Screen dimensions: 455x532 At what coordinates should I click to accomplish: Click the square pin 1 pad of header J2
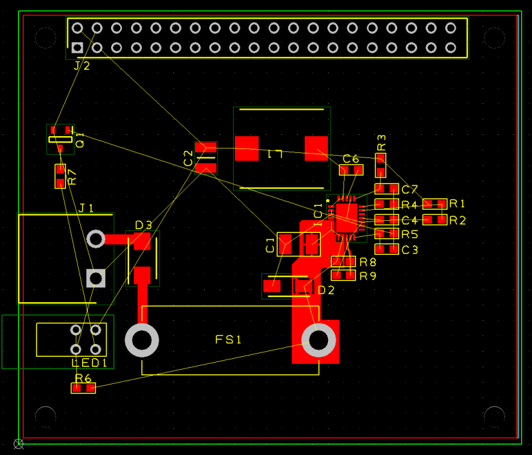tap(78, 47)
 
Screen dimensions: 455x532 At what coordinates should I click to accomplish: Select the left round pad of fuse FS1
tap(142, 340)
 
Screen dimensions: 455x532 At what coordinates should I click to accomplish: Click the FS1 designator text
tap(228, 340)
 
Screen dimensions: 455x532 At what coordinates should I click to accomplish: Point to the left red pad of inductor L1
tap(246, 148)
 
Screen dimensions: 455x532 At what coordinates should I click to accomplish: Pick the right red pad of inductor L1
tap(316, 148)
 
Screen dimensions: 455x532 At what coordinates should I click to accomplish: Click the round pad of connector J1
tap(96, 239)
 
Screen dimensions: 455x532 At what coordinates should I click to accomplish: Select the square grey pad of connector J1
tap(96, 278)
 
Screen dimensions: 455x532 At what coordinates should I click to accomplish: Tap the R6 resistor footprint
tap(83, 388)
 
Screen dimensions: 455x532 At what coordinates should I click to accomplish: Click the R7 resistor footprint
tap(60, 176)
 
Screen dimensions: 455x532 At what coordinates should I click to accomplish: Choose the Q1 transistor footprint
tap(60, 139)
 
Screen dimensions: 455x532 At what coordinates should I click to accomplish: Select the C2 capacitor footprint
tap(206, 157)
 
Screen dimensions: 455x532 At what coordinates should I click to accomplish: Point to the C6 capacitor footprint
tap(351, 170)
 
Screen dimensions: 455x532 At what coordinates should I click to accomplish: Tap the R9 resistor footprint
tap(343, 275)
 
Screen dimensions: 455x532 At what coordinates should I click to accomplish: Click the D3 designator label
tap(144, 225)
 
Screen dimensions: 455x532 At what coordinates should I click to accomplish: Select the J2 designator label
tap(82, 65)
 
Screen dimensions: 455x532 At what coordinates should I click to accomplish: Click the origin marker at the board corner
tap(19, 443)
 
